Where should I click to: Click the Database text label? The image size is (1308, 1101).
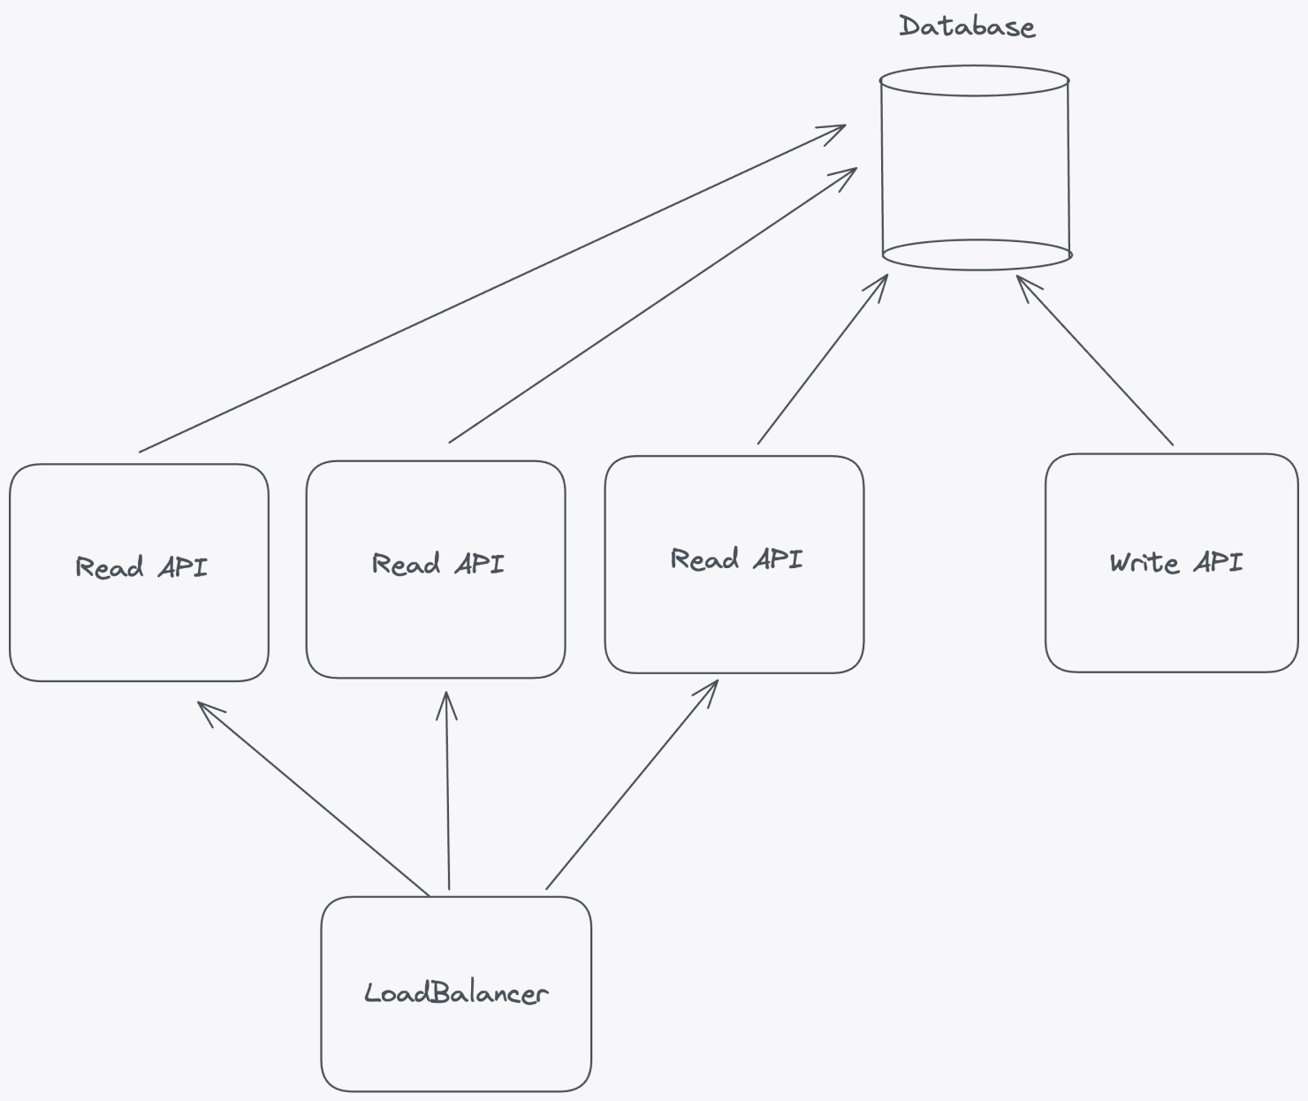(x=967, y=27)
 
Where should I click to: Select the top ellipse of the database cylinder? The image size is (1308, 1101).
(x=975, y=80)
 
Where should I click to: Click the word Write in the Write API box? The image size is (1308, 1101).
(x=1144, y=563)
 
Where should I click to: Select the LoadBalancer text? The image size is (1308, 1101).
(x=456, y=993)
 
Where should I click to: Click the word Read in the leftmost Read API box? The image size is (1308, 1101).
(x=109, y=567)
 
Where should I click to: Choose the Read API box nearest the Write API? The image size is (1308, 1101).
(x=734, y=564)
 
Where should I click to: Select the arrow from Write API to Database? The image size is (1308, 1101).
(x=1096, y=361)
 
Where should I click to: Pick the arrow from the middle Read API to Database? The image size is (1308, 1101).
(x=652, y=305)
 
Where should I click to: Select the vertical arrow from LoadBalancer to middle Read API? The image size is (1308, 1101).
(x=447, y=791)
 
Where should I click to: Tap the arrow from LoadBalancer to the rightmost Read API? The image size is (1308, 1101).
(x=632, y=785)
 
